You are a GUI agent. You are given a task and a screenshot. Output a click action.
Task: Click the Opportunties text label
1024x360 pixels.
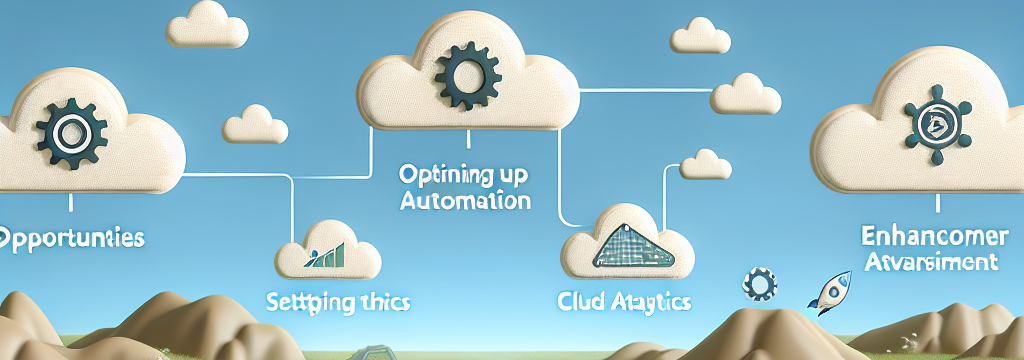[72, 239]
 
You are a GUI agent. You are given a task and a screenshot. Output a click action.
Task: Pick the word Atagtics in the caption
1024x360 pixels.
[652, 300]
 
